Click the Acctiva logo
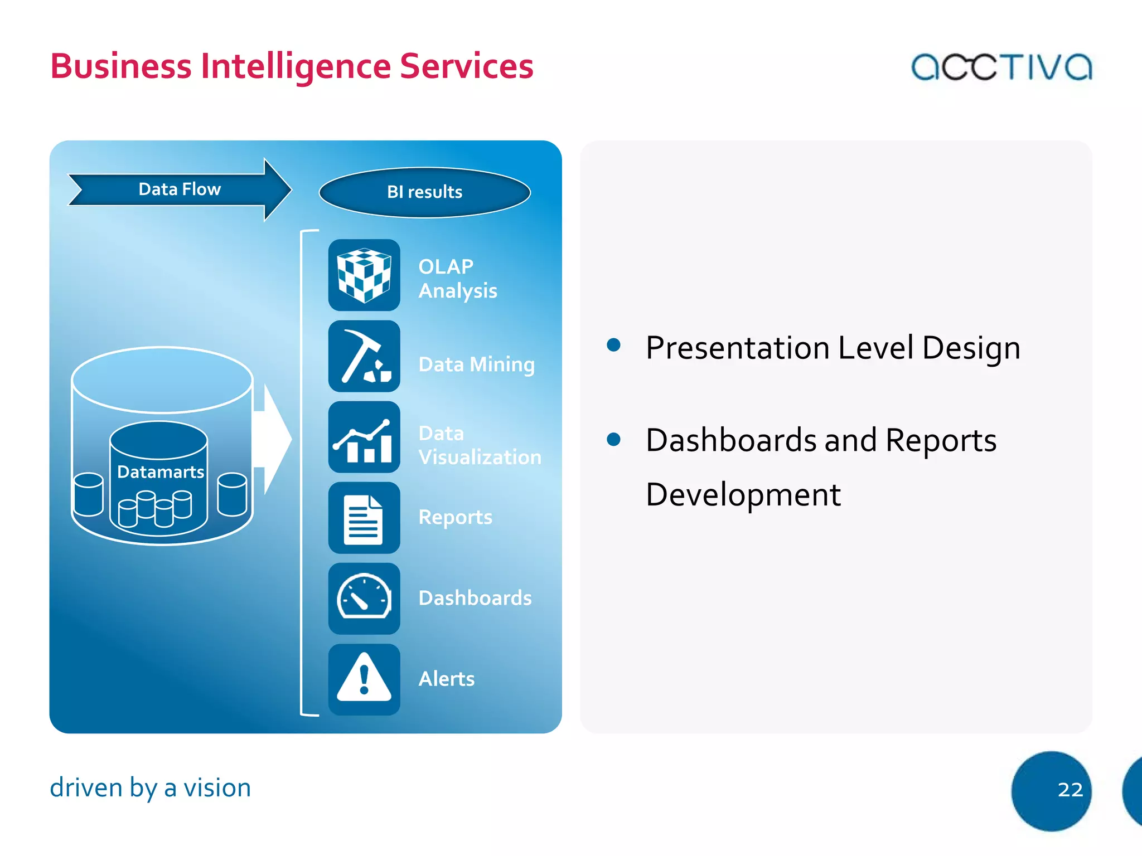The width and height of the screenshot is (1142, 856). [x=1001, y=67]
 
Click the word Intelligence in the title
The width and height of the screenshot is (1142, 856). [x=296, y=66]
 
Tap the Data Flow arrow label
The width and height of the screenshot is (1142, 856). [x=180, y=189]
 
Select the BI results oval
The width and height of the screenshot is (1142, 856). [x=424, y=192]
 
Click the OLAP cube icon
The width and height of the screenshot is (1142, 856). [x=364, y=275]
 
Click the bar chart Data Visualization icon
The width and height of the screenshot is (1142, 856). [x=364, y=437]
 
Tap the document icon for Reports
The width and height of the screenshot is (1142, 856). [x=364, y=518]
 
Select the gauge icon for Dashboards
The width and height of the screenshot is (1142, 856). [x=364, y=599]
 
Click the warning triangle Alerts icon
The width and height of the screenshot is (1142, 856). [x=364, y=680]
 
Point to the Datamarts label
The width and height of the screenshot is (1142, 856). [x=161, y=472]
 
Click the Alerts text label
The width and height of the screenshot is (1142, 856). [x=446, y=679]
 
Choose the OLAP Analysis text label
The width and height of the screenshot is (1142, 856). [x=457, y=279]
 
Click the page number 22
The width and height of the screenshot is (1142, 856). [x=1070, y=790]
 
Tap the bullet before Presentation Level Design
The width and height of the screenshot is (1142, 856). [x=613, y=345]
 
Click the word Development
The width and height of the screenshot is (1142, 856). [x=743, y=494]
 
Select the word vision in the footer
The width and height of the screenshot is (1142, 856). [x=217, y=788]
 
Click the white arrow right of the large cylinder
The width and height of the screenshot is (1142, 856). [x=273, y=439]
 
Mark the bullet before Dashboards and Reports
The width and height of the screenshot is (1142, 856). [x=613, y=439]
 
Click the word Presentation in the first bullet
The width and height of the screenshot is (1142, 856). [x=737, y=348]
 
